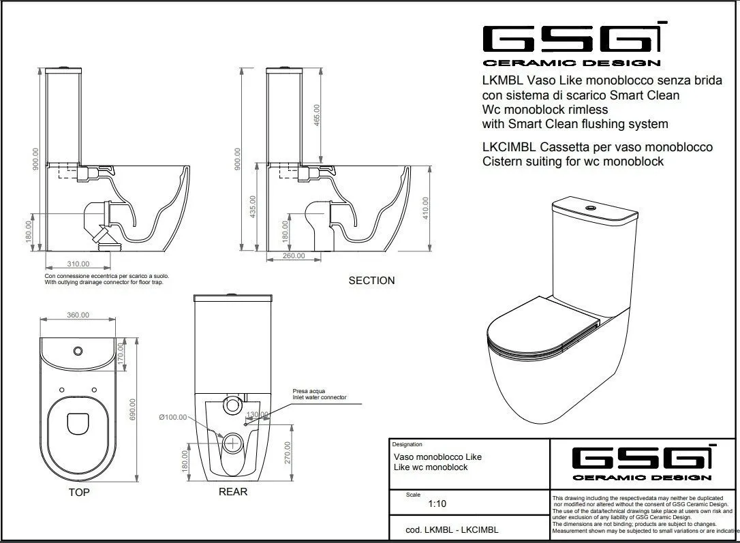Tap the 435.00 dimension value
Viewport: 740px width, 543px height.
click(253, 207)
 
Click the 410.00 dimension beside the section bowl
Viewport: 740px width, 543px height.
click(425, 208)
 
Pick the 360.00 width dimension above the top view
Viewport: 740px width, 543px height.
click(78, 315)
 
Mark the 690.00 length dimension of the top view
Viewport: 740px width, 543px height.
click(133, 409)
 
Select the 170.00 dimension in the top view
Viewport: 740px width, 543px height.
click(121, 353)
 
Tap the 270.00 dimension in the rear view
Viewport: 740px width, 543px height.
click(288, 452)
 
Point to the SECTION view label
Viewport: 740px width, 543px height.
click(371, 280)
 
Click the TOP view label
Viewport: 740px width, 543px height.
click(78, 492)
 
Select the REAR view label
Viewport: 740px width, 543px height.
click(233, 491)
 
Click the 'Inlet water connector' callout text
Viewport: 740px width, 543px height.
click(320, 397)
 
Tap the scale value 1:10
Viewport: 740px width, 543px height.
click(437, 504)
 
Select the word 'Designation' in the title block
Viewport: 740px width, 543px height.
click(407, 444)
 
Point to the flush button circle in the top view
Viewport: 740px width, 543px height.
click(78, 351)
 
